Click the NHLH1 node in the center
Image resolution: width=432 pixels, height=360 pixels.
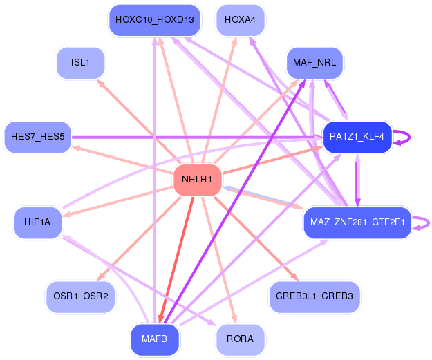coord(198,180)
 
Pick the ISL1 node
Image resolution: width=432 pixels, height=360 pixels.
coord(80,63)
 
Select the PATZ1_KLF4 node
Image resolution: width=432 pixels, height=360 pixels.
coord(357,137)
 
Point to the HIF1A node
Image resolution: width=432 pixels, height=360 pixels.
coord(37,222)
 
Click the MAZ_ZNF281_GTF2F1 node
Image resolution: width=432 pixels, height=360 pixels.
coord(357,222)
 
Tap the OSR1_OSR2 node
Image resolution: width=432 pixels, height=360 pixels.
coord(81,296)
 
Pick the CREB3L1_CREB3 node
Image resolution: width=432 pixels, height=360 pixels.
coord(314,296)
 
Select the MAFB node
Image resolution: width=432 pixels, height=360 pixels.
coord(155,339)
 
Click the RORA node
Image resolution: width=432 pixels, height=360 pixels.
coord(240,339)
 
